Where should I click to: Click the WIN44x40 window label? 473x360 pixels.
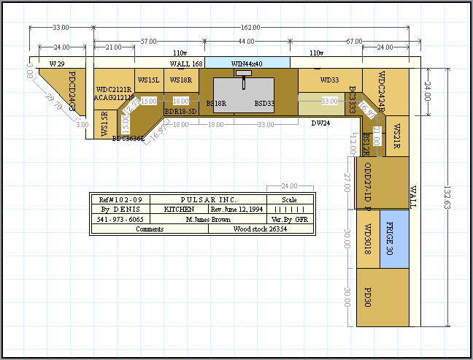(x=247, y=64)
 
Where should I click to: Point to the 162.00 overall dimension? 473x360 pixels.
(x=247, y=28)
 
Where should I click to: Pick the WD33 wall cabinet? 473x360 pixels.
(x=330, y=80)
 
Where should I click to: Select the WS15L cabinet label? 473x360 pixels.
(x=149, y=80)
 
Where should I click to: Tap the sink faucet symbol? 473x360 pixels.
(x=247, y=73)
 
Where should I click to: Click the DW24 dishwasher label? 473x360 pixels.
(x=319, y=123)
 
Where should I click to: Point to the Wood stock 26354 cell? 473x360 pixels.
(x=260, y=229)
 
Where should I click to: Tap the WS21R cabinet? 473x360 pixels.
(x=396, y=136)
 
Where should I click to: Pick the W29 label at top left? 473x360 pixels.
(x=57, y=64)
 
